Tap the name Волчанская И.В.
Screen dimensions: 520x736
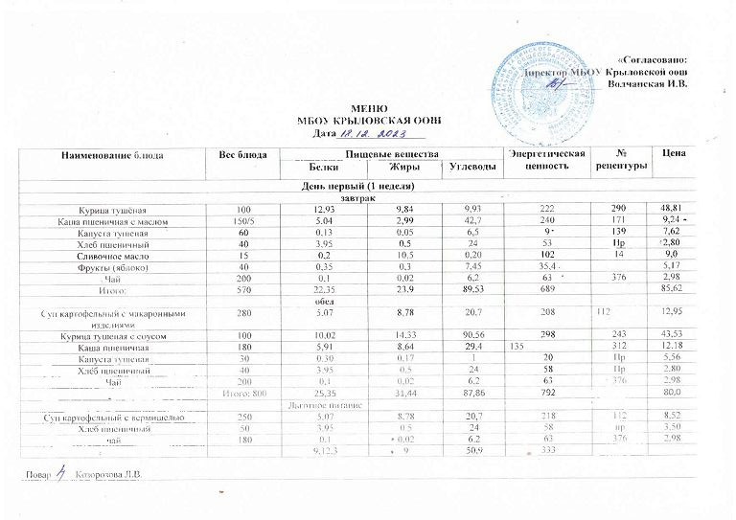tap(650, 85)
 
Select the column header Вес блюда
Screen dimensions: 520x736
tap(240, 154)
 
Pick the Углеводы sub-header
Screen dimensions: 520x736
tap(472, 169)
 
